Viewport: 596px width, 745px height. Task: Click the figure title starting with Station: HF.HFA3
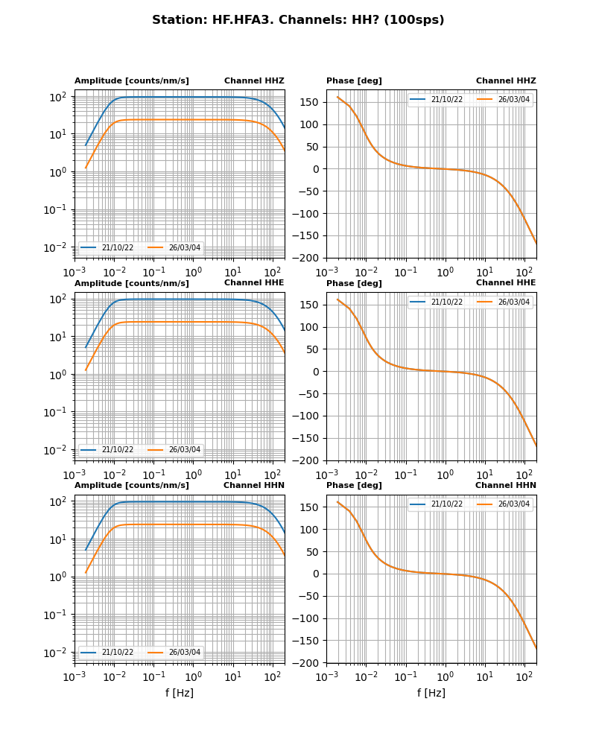[298, 20]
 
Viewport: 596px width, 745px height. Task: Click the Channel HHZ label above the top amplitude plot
[254, 80]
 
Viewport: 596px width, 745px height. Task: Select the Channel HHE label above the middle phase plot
[506, 282]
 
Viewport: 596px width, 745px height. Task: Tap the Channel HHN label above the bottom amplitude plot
[253, 485]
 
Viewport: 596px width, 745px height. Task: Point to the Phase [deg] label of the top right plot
[354, 80]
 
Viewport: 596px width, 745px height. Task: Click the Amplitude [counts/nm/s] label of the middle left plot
[132, 283]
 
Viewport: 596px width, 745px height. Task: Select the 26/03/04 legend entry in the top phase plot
[514, 100]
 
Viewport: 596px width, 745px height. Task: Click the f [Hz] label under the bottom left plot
[180, 693]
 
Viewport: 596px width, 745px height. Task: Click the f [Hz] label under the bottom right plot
[431, 693]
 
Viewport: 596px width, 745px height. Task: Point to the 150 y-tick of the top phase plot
[312, 102]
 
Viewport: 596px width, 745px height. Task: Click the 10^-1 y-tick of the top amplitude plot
[57, 209]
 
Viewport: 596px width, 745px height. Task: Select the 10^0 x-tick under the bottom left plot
[193, 676]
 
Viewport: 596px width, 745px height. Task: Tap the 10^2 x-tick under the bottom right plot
[524, 676]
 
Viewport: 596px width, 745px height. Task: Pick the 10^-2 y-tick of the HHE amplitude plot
[57, 450]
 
